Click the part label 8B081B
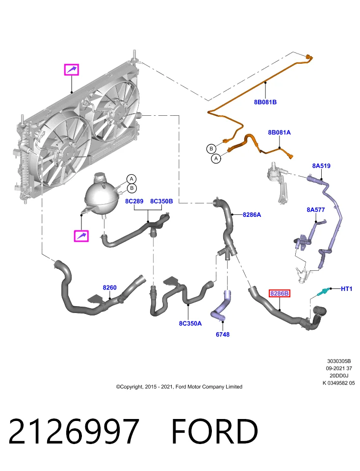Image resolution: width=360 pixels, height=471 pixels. (265, 102)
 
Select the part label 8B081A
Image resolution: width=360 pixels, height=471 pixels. (279, 132)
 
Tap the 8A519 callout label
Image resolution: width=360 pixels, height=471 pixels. (321, 166)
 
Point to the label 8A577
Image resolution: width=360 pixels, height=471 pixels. (315, 209)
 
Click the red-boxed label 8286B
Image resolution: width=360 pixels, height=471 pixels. (279, 293)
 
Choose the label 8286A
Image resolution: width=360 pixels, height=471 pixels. (252, 215)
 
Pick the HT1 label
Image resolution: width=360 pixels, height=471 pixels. (346, 288)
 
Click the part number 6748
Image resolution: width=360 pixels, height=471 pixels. (223, 334)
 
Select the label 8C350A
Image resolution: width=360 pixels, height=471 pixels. (190, 323)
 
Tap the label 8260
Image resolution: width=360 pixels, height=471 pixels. (109, 288)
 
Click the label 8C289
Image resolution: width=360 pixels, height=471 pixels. (134, 201)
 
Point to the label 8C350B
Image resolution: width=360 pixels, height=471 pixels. (161, 201)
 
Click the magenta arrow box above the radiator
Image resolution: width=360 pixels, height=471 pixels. (72, 70)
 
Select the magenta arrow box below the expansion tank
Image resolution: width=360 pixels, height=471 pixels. (81, 236)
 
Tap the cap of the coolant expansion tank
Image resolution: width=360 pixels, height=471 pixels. (99, 177)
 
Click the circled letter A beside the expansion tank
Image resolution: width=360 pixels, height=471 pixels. (131, 179)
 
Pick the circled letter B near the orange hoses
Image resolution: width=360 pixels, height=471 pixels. (211, 149)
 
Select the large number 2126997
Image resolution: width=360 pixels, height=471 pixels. (74, 431)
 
